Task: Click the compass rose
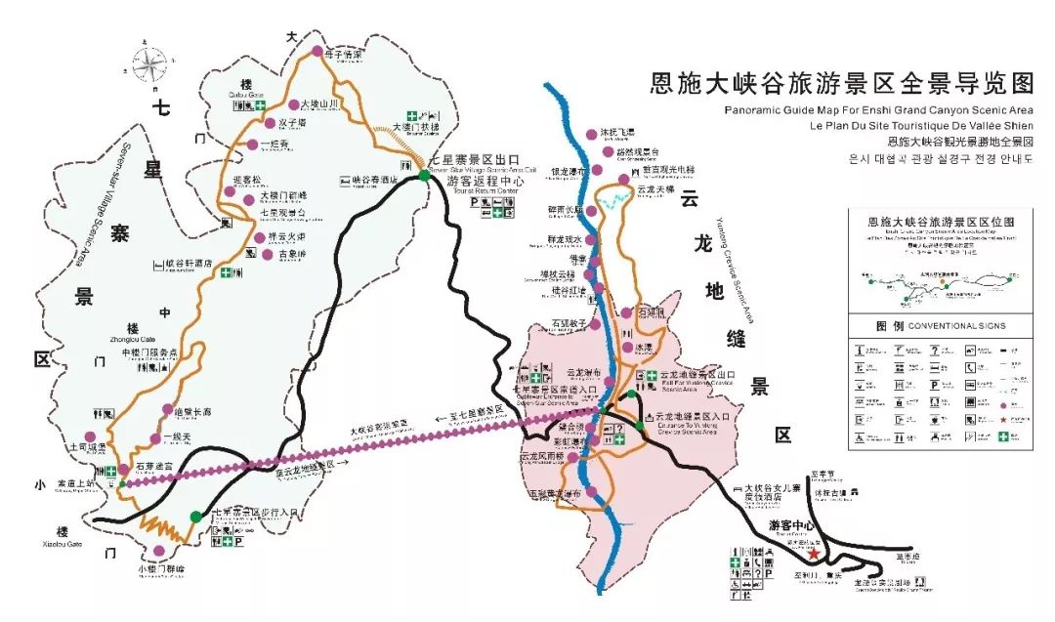pos(149,66)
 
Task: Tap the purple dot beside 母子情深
pos(316,51)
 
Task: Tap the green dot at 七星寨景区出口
pos(424,175)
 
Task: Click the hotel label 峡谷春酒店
pos(374,180)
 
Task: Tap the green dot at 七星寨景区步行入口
pos(195,516)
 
